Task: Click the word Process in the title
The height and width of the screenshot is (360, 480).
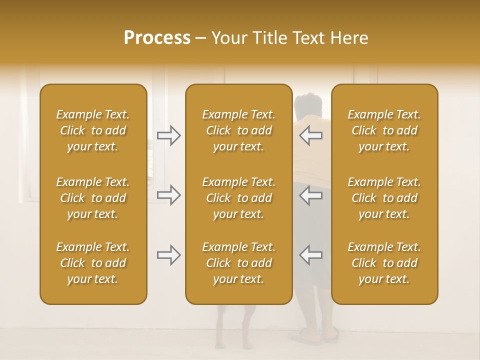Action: [157, 38]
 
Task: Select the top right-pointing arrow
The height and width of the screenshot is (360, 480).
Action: [168, 135]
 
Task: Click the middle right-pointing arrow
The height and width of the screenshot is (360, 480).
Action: [168, 195]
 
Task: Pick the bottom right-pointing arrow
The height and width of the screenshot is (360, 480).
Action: [168, 255]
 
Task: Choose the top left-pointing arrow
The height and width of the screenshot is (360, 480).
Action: [310, 135]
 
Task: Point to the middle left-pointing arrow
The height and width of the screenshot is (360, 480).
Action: [310, 195]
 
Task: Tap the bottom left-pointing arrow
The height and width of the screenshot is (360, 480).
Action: [310, 255]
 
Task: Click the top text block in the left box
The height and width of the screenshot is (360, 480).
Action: [93, 130]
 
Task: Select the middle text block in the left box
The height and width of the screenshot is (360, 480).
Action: [93, 198]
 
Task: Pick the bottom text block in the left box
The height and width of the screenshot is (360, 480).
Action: [93, 263]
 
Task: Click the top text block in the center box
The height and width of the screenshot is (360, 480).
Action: [239, 130]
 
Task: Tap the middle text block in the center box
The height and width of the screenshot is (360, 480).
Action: [239, 198]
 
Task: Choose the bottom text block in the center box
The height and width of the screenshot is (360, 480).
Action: [239, 263]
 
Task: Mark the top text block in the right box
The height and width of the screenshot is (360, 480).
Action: [384, 130]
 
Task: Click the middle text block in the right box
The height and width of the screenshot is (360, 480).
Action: [384, 198]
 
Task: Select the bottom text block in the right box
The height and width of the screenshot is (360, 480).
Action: [384, 263]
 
